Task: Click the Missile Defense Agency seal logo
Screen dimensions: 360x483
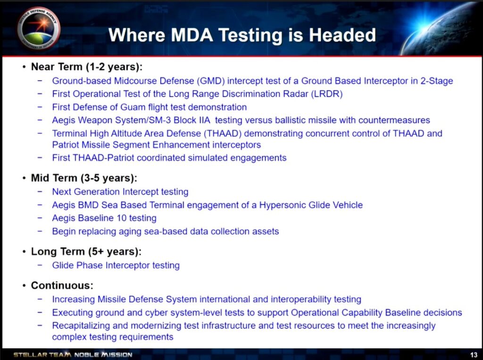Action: pos(39,28)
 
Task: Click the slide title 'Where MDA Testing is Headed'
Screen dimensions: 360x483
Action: pos(242,35)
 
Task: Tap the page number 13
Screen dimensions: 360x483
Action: pos(474,354)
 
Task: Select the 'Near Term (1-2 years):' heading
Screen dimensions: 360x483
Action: pos(86,67)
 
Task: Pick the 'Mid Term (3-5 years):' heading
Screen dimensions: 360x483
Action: pos(83,178)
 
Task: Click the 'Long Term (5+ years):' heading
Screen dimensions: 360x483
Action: pos(86,252)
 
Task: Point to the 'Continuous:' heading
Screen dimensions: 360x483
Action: pos(62,286)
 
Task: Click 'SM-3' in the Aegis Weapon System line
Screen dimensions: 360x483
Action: pos(185,120)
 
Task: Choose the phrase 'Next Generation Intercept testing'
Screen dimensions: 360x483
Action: pos(120,192)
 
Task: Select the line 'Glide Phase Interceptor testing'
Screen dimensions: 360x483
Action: pos(116,265)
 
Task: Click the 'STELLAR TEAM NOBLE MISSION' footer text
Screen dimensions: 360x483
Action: pos(73,354)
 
